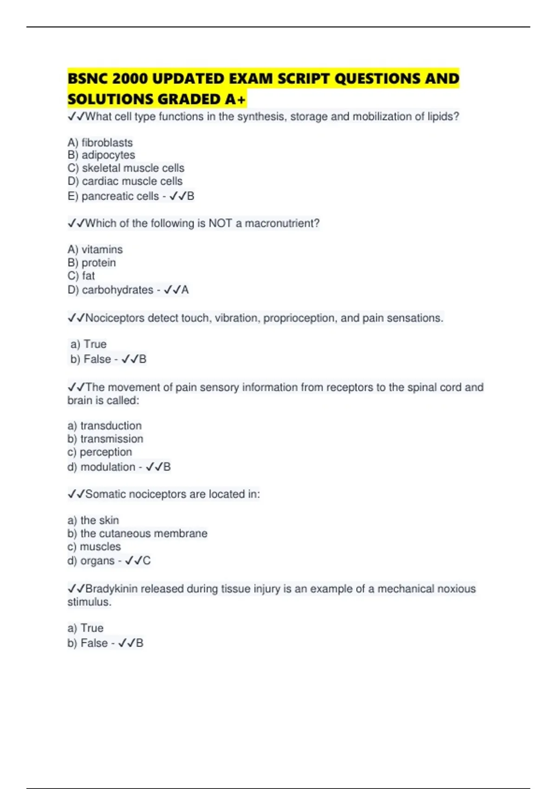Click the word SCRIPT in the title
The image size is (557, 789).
coord(303,79)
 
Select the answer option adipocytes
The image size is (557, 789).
coord(108,155)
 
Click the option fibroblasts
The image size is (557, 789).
coord(107,142)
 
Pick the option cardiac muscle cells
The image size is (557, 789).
coord(132,181)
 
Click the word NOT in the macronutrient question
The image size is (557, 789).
coord(220,223)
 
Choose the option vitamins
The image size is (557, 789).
coord(102,250)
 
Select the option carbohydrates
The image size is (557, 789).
coord(117,290)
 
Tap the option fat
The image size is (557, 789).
coord(88,276)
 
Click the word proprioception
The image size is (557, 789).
coord(298,318)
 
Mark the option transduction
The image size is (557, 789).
coord(111,426)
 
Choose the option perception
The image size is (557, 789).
coord(106,452)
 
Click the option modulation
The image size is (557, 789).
coord(108,467)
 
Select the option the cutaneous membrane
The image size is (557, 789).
coord(144,533)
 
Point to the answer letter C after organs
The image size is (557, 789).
coord(147,561)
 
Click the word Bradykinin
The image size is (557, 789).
coord(111,589)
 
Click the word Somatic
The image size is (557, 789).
coord(105,494)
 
